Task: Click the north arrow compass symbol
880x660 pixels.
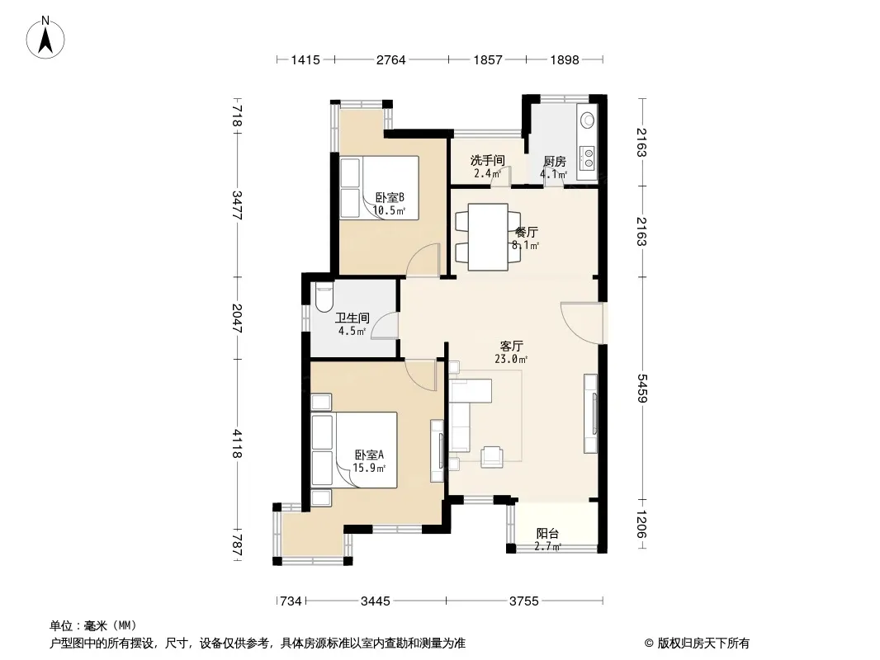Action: [x=45, y=38]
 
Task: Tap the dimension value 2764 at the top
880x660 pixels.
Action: [x=390, y=59]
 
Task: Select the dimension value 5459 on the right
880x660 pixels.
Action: [x=642, y=388]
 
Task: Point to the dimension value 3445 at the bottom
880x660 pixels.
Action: [x=375, y=601]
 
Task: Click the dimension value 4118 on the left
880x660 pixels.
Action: [x=237, y=443]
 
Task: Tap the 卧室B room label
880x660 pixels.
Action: [x=390, y=197]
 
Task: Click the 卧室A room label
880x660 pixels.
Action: [x=369, y=455]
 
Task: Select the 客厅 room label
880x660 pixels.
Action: [x=511, y=346]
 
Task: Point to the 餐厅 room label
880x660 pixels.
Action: [x=527, y=232]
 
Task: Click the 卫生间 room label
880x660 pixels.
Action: [x=352, y=318]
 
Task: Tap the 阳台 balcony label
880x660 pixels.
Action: [x=547, y=533]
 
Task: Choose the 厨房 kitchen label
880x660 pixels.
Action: [x=555, y=162]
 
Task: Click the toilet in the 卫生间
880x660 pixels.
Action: [x=324, y=297]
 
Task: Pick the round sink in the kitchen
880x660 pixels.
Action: [x=587, y=120]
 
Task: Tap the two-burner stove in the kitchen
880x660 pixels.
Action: [x=587, y=158]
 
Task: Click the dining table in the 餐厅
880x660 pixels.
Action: [x=488, y=238]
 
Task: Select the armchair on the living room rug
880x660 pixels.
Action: [x=492, y=456]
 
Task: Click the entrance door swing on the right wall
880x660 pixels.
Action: [x=581, y=323]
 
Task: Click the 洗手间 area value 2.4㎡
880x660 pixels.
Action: [x=487, y=173]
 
